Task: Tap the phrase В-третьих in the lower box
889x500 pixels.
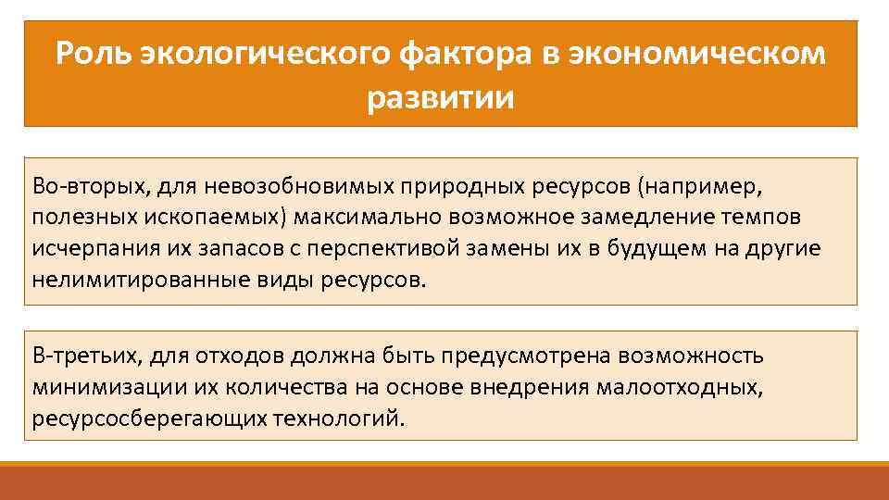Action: click(x=80, y=356)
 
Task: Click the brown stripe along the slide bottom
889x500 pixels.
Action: click(x=444, y=483)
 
